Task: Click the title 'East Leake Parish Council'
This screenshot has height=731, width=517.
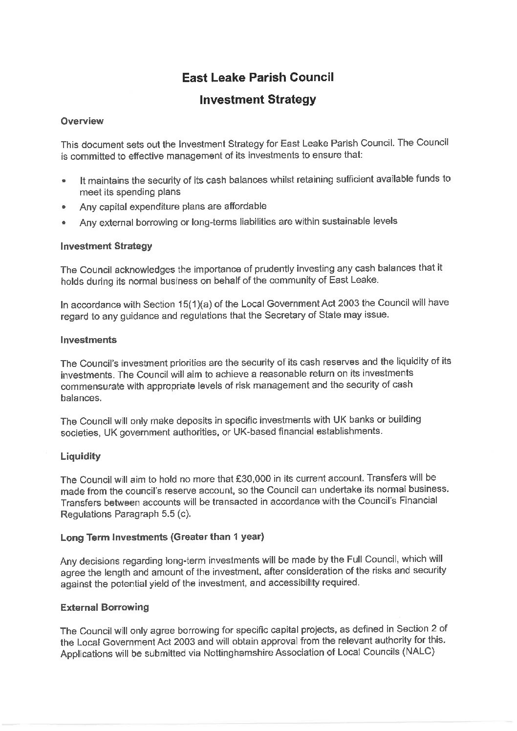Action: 258,77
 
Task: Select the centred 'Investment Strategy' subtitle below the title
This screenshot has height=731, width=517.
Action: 258,100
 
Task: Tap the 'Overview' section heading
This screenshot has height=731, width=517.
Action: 82,121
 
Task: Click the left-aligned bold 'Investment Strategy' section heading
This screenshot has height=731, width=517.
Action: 106,246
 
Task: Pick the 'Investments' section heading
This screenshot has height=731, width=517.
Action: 88,340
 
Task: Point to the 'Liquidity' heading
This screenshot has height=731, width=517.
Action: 81,456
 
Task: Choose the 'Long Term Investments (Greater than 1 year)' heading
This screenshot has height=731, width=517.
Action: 162,537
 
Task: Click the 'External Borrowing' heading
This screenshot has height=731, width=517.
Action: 105,607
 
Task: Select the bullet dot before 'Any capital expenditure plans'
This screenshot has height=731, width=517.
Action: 64,207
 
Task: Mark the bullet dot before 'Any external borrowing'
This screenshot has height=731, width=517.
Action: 64,223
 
